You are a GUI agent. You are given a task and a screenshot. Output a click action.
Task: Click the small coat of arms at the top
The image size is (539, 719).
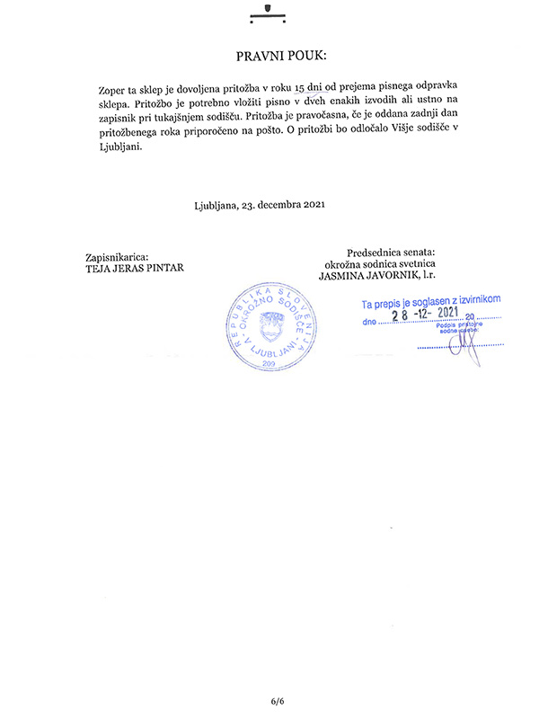[267, 10]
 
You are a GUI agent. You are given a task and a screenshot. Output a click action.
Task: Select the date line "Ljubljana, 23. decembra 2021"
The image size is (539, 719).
[259, 204]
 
